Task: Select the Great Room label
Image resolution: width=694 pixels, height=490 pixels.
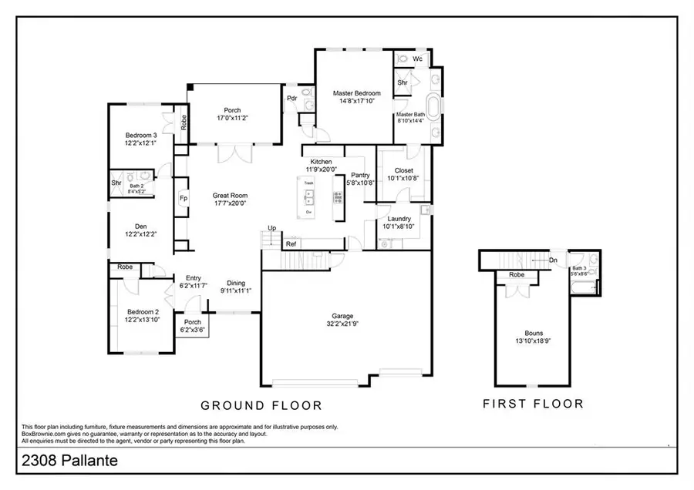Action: (x=230, y=196)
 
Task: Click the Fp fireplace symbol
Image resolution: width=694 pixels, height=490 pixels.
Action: (x=184, y=198)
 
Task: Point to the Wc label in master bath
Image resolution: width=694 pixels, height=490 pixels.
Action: (x=417, y=59)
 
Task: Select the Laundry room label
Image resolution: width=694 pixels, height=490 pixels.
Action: (x=399, y=219)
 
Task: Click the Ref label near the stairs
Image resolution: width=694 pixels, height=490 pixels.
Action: (x=291, y=244)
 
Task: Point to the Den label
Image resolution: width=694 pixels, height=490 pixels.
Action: (x=140, y=227)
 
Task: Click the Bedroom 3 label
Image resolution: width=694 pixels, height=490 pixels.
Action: (x=141, y=136)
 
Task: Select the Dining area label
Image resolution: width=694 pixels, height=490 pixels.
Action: (x=235, y=283)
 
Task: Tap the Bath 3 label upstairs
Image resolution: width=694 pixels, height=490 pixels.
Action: (x=579, y=267)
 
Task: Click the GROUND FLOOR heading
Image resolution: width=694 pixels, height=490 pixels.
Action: (x=261, y=405)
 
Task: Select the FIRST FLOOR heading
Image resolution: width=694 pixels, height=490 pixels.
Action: (x=533, y=403)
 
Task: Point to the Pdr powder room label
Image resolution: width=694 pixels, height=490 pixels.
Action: (x=292, y=99)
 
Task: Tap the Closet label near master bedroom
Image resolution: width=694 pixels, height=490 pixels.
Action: (x=403, y=170)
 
